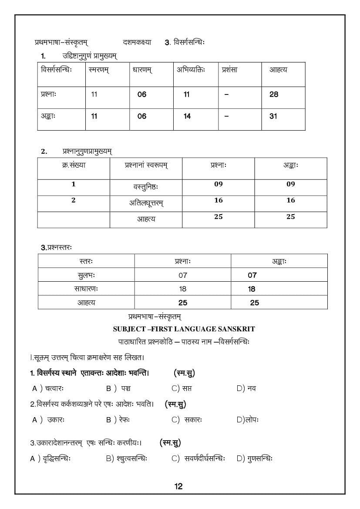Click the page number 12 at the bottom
tap(178, 486)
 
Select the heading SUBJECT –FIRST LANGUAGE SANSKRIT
tap(183, 329)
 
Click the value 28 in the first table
tap(273, 94)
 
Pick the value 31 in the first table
tap(273, 116)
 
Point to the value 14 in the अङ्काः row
tap(187, 116)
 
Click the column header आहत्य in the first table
tap(278, 70)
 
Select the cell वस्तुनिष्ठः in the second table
tap(145, 187)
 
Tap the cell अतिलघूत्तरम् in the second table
tap(146, 203)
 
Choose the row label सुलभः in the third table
tap(86, 275)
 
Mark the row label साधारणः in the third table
tap(86, 289)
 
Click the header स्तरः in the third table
tap(86, 261)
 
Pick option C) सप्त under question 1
tap(182, 388)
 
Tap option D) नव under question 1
tap(246, 388)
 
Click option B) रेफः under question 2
tap(118, 420)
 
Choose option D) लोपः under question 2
tap(248, 420)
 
